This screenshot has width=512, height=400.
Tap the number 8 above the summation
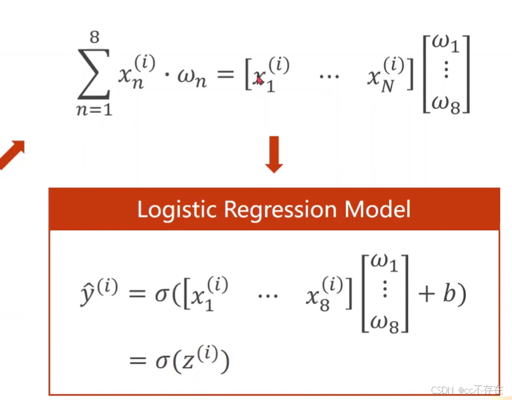(94, 37)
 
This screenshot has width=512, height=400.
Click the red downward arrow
(274, 153)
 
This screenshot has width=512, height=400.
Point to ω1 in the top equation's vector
(448, 45)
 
